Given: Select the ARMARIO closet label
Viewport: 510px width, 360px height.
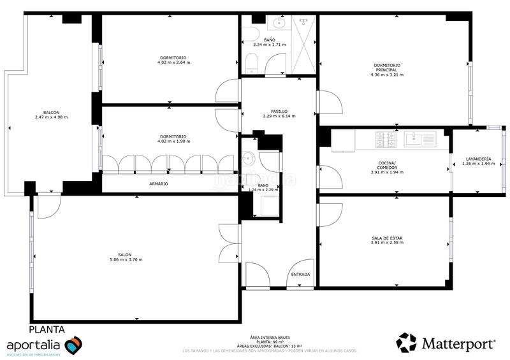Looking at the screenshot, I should [x=159, y=184].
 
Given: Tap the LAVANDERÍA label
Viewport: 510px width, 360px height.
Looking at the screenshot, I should [x=478, y=159].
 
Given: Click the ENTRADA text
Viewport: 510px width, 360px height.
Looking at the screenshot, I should [x=300, y=275].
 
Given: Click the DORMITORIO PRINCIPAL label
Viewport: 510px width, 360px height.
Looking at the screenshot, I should [x=387, y=67].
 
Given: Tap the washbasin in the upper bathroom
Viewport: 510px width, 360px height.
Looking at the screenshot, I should [x=279, y=24].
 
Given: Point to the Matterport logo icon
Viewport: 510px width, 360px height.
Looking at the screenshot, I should [x=406, y=343].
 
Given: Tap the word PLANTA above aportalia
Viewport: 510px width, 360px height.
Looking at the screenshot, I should [x=47, y=329].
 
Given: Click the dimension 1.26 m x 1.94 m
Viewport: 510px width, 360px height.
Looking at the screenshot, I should [x=478, y=164].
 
